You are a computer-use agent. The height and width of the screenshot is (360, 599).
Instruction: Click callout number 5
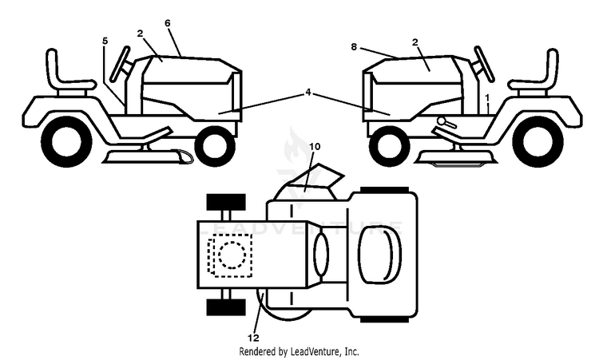click(105, 41)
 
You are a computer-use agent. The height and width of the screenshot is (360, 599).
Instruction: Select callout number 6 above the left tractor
click(168, 23)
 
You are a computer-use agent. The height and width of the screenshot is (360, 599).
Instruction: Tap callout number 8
click(354, 46)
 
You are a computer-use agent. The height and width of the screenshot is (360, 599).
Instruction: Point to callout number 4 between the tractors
click(308, 93)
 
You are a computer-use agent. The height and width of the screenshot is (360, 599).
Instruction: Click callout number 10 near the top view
click(315, 146)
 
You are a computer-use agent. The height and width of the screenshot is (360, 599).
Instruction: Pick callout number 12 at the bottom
click(253, 338)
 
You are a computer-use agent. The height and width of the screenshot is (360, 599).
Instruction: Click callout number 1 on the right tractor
click(487, 98)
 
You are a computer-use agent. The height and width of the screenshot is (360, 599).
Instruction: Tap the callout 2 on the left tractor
click(140, 34)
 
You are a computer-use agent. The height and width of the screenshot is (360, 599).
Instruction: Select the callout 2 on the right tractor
click(415, 42)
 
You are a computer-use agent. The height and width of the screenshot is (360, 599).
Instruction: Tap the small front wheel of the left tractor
click(215, 146)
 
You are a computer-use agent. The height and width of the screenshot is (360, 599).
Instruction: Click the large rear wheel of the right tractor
click(538, 142)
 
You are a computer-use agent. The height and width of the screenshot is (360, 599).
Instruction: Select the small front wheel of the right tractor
click(390, 146)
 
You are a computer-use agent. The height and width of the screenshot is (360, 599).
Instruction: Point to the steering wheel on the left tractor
click(119, 64)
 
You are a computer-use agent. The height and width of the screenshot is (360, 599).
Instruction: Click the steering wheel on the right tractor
click(485, 64)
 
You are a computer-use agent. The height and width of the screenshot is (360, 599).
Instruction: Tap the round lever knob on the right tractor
click(442, 121)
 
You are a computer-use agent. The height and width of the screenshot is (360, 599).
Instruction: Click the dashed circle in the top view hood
click(232, 255)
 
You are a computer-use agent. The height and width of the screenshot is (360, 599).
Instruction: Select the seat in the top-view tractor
click(379, 255)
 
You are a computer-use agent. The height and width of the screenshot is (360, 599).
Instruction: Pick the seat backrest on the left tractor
click(53, 68)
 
